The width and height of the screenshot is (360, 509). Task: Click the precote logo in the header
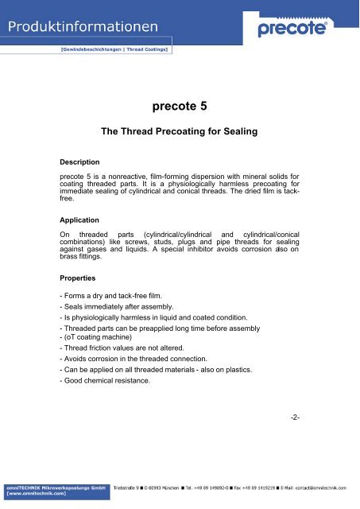point(298,29)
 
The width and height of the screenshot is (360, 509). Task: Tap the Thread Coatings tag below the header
point(149,49)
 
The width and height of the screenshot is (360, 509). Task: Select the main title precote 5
point(179,103)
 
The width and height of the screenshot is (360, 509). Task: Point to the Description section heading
point(79,161)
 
